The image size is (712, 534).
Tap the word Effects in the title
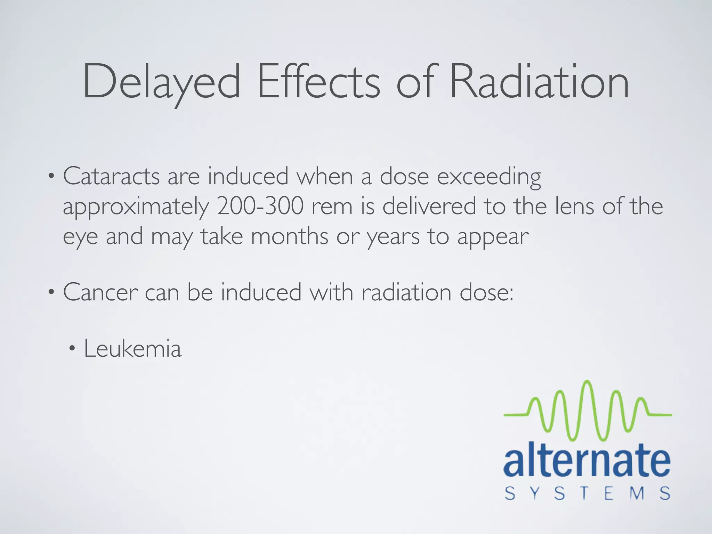click(318, 82)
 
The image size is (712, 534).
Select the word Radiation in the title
click(539, 82)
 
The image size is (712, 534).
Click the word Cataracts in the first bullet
click(111, 176)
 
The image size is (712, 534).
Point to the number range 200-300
click(260, 206)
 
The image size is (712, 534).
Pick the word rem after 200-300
click(332, 206)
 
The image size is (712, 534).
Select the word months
click(289, 236)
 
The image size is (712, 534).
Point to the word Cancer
click(100, 292)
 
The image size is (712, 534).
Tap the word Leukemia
click(132, 348)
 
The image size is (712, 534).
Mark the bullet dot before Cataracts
click(51, 176)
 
